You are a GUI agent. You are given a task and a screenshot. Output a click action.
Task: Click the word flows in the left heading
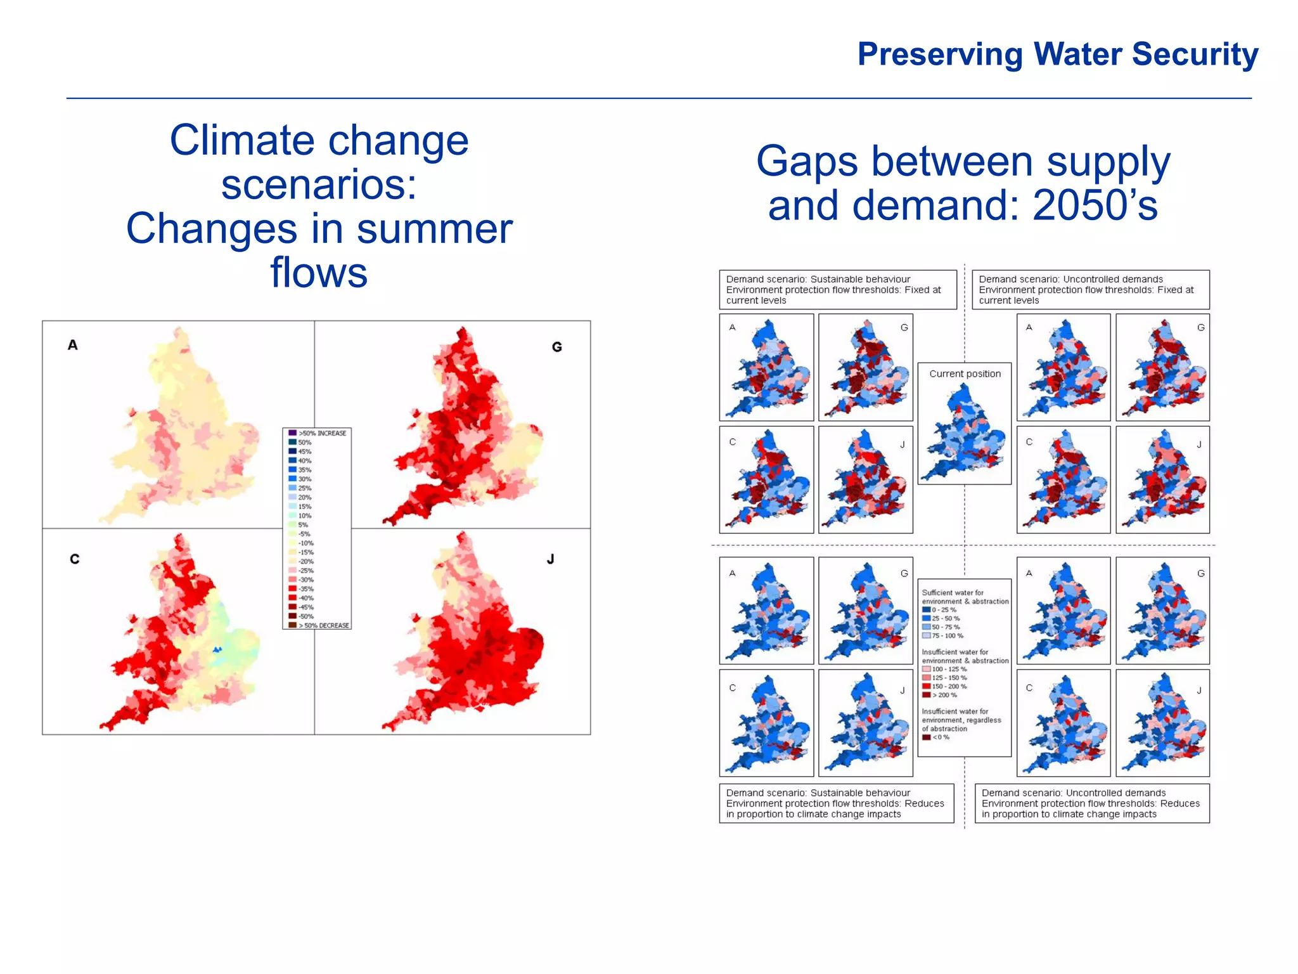(319, 273)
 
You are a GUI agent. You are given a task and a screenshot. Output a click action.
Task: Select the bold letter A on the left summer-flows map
(73, 345)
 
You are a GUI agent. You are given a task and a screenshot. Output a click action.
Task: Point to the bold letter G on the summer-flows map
(556, 347)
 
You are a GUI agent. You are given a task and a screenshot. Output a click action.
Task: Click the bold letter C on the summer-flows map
(75, 559)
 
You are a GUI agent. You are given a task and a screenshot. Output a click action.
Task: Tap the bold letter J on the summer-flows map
(550, 559)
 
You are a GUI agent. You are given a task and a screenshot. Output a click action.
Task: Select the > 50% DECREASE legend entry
(319, 625)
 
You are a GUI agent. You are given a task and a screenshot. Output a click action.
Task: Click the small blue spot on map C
(217, 649)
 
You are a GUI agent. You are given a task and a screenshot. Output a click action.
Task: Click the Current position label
(965, 374)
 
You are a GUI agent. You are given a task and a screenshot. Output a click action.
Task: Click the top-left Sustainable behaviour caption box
(837, 290)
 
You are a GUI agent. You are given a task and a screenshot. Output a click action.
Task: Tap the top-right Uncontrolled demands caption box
(1090, 290)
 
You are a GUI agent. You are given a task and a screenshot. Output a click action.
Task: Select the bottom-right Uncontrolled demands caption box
(1091, 803)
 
